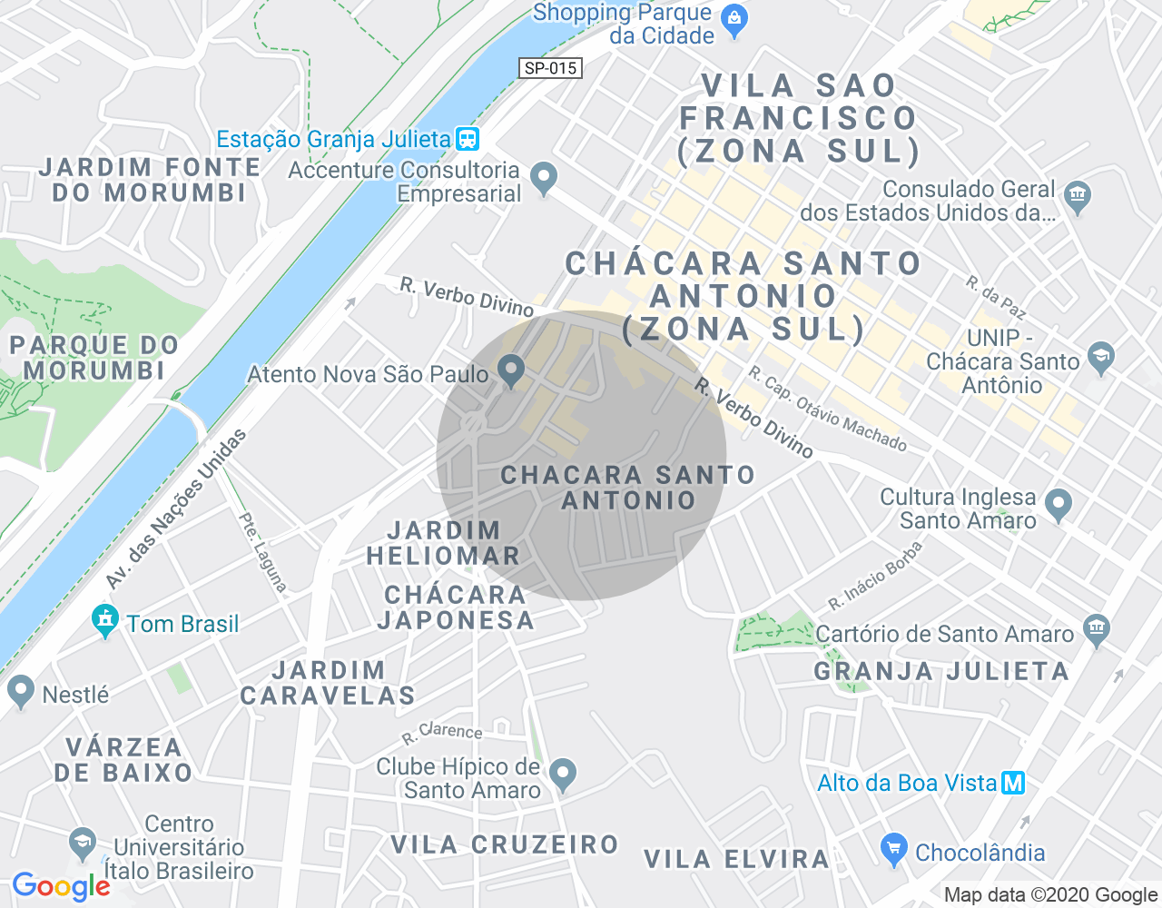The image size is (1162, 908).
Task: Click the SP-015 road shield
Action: pos(551,68)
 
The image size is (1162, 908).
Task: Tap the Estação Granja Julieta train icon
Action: pos(468,139)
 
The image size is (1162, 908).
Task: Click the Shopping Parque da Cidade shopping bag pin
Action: pos(734,19)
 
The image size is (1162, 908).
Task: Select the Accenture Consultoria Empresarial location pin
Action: pos(544,177)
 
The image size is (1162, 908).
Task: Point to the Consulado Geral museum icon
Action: pos(1078,196)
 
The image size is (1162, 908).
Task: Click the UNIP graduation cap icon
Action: pos(1101,357)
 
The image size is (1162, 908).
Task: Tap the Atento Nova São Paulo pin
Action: pos(513,370)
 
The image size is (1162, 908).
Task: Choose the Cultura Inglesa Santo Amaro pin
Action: pos(1058,504)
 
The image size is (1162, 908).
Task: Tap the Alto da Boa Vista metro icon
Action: pos(1013,783)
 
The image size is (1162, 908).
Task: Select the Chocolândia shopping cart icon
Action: pos(894,849)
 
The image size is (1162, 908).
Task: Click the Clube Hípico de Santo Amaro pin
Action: pos(564,775)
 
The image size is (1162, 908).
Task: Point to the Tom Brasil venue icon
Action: pos(105,621)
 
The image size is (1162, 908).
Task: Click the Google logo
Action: pos(61,886)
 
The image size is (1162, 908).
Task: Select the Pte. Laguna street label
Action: pos(262,552)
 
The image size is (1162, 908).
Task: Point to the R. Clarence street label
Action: pos(442,732)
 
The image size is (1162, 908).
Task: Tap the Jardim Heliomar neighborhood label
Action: pos(443,543)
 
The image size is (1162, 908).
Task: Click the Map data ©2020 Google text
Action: pos(1050,895)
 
